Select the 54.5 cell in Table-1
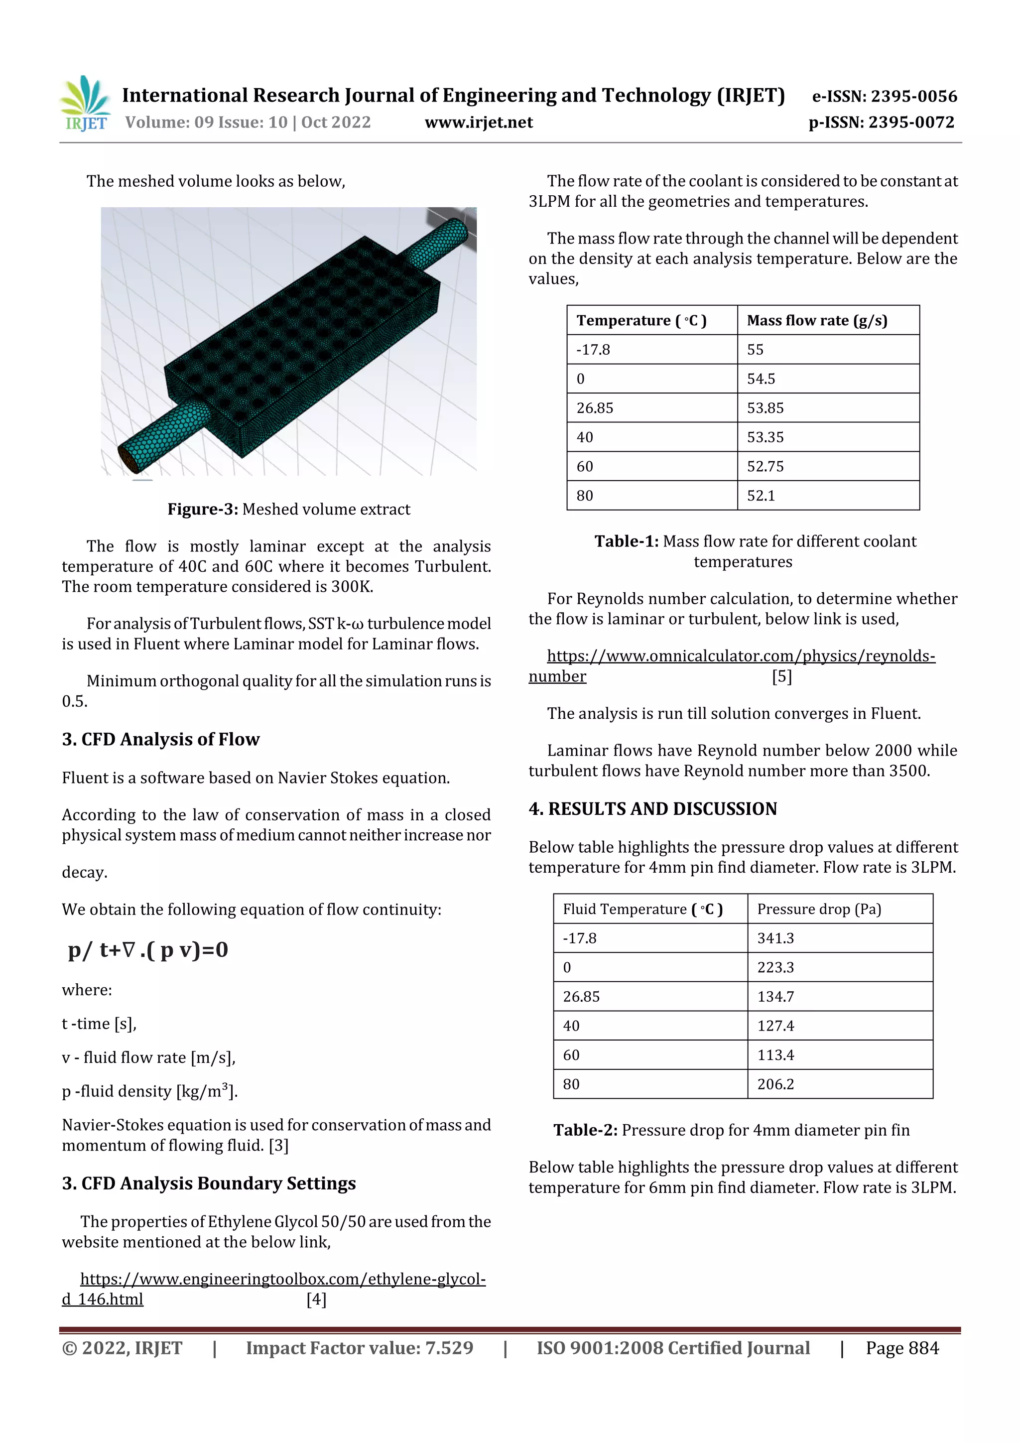coord(761,379)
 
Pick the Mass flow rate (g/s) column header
coord(816,320)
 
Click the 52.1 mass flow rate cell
coord(761,496)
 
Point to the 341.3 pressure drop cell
coord(775,938)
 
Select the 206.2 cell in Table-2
coord(775,1084)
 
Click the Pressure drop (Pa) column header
coord(818,910)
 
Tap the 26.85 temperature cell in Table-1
coord(595,408)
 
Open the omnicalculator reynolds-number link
coord(740,656)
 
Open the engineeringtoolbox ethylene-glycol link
coord(283,1279)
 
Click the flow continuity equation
coord(148,950)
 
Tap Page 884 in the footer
coord(902,1348)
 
